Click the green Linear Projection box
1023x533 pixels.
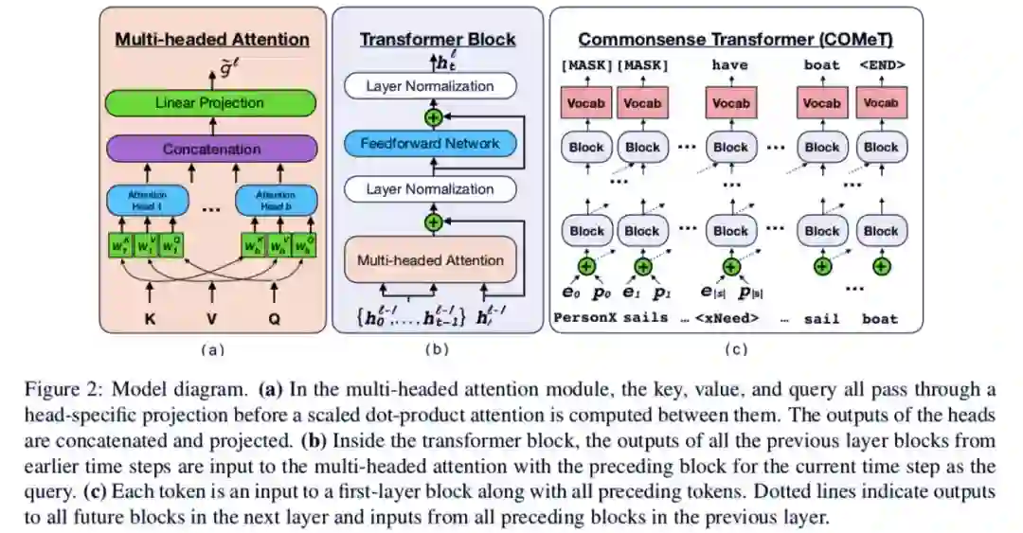click(x=209, y=102)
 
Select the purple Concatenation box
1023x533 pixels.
click(x=211, y=149)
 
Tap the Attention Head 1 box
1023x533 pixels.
click(x=146, y=200)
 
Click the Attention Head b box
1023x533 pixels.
click(x=275, y=200)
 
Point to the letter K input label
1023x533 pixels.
click(x=148, y=320)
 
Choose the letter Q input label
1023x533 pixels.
click(x=275, y=320)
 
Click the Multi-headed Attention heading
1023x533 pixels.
click(x=212, y=40)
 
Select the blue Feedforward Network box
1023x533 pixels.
click(x=430, y=144)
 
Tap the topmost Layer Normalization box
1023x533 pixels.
click(x=430, y=86)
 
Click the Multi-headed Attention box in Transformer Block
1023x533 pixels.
click(x=430, y=259)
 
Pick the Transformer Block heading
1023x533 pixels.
click(x=438, y=40)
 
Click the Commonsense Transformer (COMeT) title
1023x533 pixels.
click(x=736, y=40)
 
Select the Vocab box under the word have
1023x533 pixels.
click(x=730, y=102)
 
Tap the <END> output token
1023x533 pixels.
click(x=881, y=65)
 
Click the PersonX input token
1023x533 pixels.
click(x=584, y=318)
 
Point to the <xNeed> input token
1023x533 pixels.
click(x=729, y=318)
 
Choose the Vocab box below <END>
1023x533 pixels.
click(x=881, y=102)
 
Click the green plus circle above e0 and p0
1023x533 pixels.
click(x=586, y=267)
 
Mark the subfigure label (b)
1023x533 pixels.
click(x=437, y=349)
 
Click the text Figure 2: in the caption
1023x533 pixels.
click(x=132, y=390)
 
